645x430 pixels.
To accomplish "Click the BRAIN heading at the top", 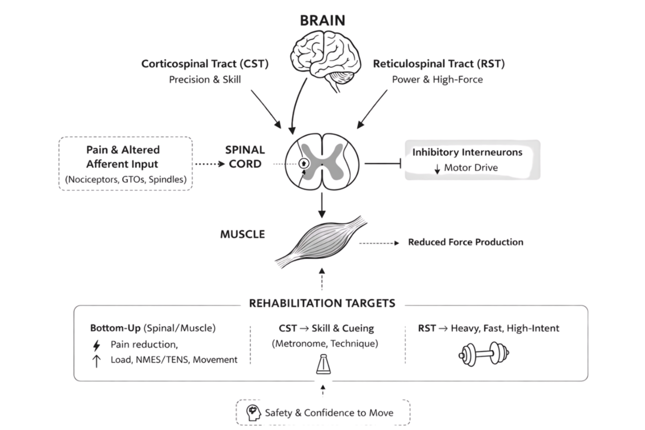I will click(322, 21).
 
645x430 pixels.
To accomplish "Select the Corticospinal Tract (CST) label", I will click(205, 64).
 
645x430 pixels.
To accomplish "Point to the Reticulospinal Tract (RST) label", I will click(439, 64).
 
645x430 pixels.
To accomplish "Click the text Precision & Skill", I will click(205, 80).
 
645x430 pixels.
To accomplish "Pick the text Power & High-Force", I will click(437, 80).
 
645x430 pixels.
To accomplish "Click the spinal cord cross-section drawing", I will click(322, 162).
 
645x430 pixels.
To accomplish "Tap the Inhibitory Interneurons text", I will click(467, 152).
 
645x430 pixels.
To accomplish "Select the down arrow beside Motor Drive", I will click(437, 169).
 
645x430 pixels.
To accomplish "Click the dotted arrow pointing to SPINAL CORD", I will click(210, 164).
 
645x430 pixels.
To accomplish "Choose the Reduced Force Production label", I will click(466, 242).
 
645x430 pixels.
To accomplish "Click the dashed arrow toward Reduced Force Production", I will click(379, 243).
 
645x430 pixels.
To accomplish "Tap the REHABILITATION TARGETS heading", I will click(322, 303).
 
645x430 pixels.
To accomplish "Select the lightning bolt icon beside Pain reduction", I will click(97, 345).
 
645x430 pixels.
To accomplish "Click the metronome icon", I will click(324, 364).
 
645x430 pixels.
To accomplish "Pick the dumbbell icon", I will click(484, 354).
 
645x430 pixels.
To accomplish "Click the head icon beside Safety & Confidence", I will click(253, 413).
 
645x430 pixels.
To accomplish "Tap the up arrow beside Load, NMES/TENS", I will click(96, 361).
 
